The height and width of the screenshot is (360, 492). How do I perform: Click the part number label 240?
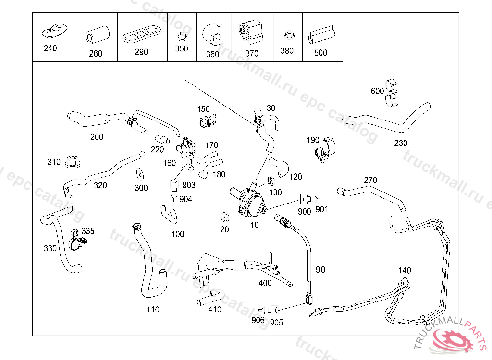click(50, 48)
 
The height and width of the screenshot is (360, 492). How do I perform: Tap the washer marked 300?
click(141, 173)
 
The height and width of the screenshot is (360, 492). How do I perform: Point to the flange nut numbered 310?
click(72, 162)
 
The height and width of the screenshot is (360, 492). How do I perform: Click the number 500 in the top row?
click(320, 52)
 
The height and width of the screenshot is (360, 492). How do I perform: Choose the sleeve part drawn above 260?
click(98, 35)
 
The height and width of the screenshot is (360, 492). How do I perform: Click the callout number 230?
click(401, 143)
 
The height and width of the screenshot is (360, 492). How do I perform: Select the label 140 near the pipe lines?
click(405, 271)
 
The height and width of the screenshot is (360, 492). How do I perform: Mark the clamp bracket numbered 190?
click(325, 150)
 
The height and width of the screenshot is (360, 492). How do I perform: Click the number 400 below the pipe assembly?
click(265, 283)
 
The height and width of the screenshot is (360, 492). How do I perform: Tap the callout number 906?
click(258, 320)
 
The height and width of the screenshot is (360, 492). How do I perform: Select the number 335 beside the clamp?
click(88, 231)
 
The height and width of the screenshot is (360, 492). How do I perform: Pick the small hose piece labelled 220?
click(164, 140)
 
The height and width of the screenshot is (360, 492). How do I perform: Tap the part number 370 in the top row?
click(252, 54)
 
